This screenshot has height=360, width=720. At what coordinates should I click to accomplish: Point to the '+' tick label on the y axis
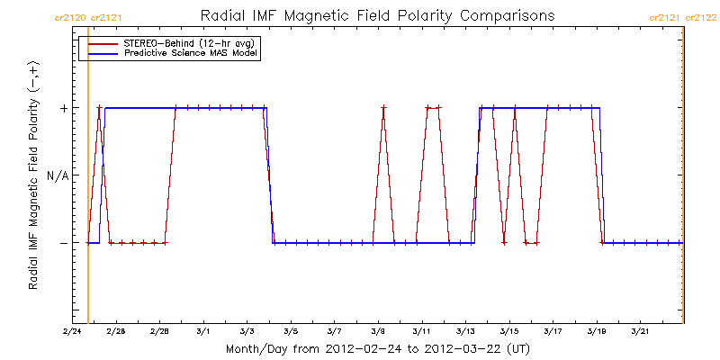pyautogui.click(x=63, y=108)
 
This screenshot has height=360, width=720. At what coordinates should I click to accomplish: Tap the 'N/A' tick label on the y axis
pyautogui.click(x=58, y=175)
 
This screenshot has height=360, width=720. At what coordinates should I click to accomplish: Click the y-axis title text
pyautogui.click(x=33, y=175)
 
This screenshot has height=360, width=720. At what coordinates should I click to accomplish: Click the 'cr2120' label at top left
pyautogui.click(x=70, y=17)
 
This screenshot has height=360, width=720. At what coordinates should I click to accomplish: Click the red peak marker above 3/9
pyautogui.click(x=383, y=108)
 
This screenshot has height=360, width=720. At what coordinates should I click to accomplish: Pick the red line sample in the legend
pyautogui.click(x=100, y=43)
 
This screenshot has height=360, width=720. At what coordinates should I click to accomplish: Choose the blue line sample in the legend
pyautogui.click(x=100, y=54)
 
